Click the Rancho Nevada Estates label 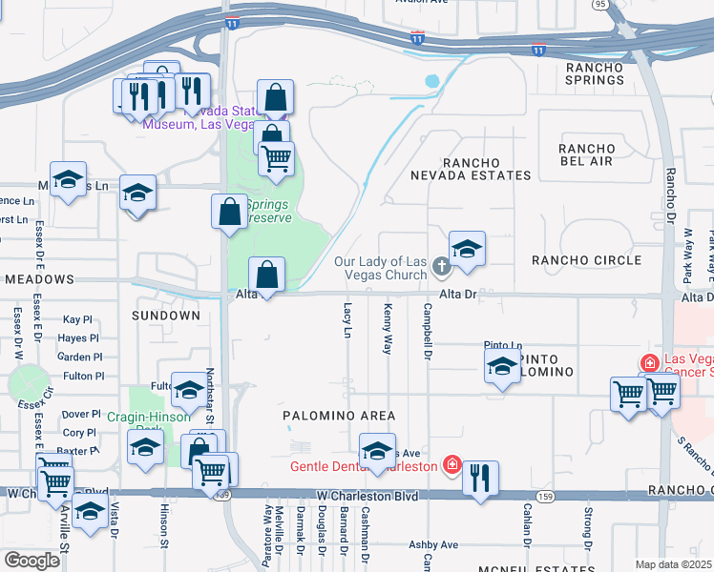[x=471, y=169]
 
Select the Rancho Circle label [x=586, y=260]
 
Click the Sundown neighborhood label [x=166, y=315]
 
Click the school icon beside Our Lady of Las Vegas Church [x=467, y=251]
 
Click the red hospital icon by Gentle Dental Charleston [x=451, y=466]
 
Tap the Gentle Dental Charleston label [x=363, y=466]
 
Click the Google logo [x=31, y=561]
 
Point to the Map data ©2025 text [x=673, y=564]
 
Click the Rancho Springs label [x=595, y=73]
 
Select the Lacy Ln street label [x=346, y=321]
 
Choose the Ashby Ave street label [x=434, y=544]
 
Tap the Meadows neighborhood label [x=38, y=279]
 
